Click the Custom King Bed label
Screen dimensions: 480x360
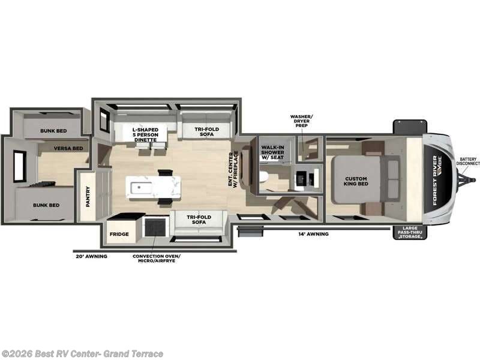pos(356,181)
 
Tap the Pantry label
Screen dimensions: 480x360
pos(88,197)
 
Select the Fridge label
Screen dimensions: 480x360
pos(119,234)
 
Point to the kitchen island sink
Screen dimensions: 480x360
pos(141,188)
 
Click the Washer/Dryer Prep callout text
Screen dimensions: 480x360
pos(302,121)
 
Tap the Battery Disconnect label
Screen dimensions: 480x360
pos(468,161)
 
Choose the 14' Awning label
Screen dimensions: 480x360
pos(313,234)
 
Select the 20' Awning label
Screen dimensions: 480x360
pos(92,256)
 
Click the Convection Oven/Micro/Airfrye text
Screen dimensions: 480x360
pos(157,258)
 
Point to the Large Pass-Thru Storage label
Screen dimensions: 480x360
pos(410,232)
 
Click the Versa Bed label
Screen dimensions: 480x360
pos(68,148)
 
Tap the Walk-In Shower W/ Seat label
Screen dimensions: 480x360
pos(272,152)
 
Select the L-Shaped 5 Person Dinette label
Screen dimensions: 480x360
pos(145,134)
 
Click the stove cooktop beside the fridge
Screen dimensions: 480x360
pos(156,227)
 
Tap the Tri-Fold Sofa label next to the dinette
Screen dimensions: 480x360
pos(206,131)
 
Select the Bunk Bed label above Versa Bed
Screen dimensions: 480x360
pos(53,131)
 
